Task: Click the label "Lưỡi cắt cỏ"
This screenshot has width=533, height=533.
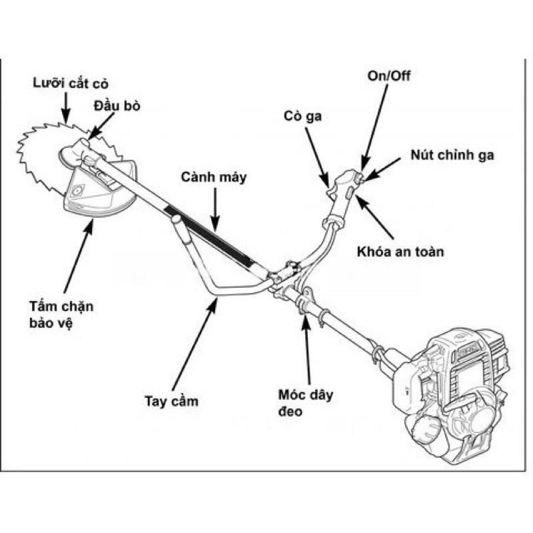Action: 70,84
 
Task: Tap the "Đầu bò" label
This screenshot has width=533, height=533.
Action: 117,107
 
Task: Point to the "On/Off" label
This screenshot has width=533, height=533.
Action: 389,76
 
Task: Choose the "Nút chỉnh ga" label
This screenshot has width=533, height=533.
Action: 452,155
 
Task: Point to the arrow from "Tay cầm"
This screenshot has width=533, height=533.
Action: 194,346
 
